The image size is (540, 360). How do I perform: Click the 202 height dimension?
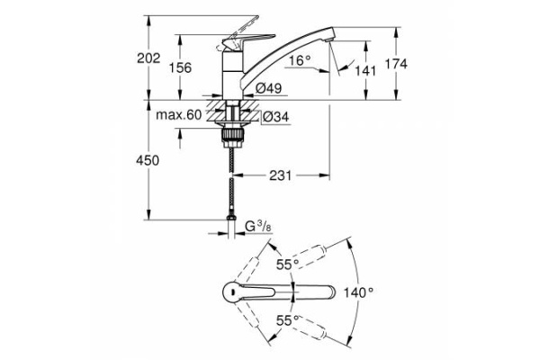148,58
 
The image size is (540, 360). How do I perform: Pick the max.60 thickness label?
178,114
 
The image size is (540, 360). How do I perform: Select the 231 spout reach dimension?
281,176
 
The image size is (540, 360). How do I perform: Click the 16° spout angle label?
300,61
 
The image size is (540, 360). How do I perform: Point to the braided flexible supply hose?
234,180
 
